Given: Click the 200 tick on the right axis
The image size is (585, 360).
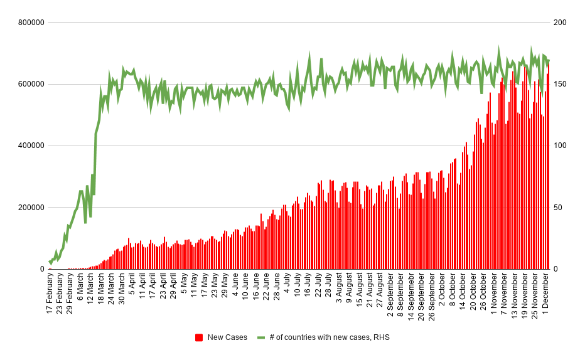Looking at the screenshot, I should click(560, 23).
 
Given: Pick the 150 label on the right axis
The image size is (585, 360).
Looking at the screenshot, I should click(560, 84).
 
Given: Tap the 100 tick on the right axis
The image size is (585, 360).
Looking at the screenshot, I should click(560, 146).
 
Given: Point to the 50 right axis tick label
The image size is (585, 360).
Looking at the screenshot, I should click(558, 208).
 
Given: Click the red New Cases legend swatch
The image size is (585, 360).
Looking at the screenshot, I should click(199, 337).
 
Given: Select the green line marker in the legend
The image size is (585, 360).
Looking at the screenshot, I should click(261, 337).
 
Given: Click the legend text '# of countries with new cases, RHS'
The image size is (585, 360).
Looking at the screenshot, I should click(330, 337).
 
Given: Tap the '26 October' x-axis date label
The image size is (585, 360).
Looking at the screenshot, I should click(483, 291).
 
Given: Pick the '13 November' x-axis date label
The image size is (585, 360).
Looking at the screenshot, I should click(514, 294).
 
